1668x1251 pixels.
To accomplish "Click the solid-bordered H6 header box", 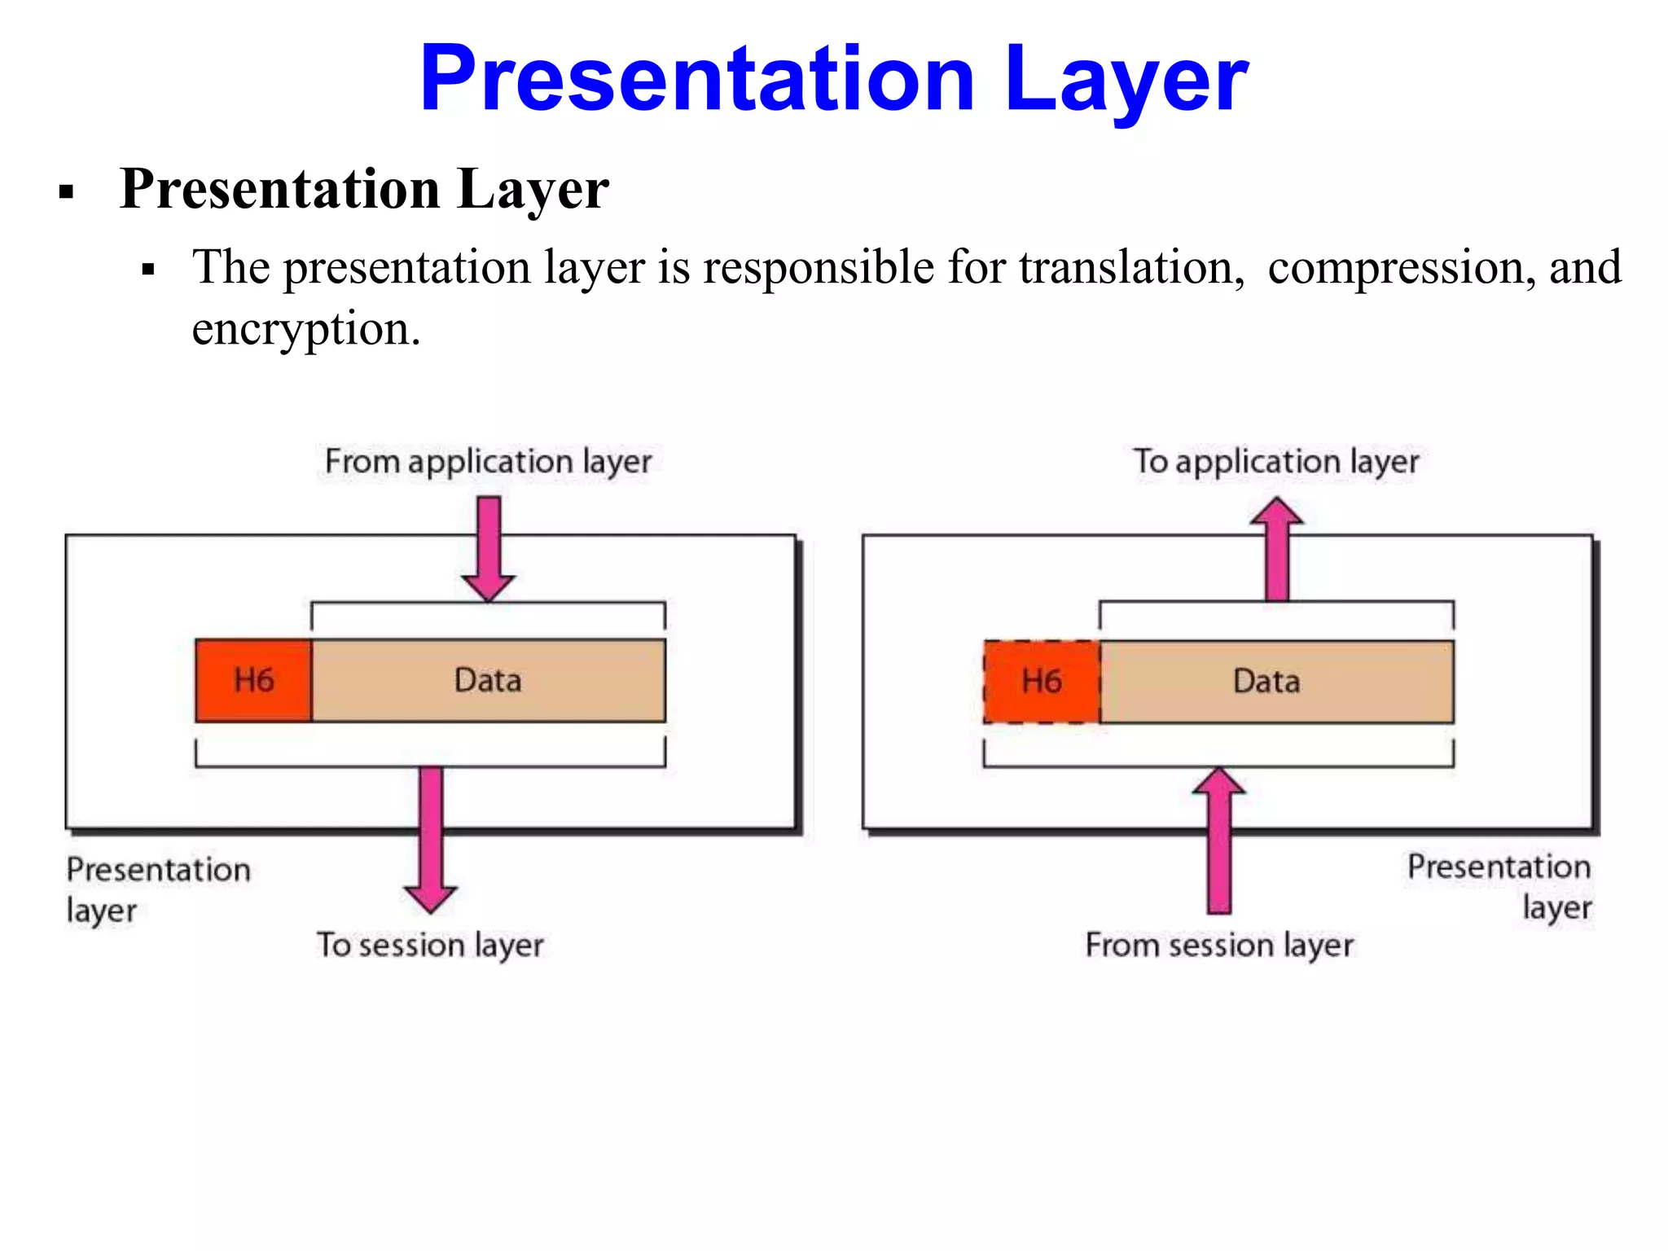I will tap(253, 681).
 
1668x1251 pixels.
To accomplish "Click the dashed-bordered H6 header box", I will tap(1042, 682).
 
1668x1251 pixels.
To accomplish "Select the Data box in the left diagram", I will tap(488, 681).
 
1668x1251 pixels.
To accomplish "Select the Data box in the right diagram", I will tap(1275, 682).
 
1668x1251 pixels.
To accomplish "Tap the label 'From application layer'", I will tap(488, 462).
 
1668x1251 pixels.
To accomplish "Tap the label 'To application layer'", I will tap(1275, 462).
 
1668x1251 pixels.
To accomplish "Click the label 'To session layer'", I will tap(430, 946).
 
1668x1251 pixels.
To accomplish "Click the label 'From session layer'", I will tap(1219, 946).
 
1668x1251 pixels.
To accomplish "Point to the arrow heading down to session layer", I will tap(431, 839).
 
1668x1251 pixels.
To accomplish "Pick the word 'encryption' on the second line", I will tap(305, 330).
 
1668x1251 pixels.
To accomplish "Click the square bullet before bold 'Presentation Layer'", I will tap(67, 193).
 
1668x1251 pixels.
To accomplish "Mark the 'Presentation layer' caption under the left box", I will tap(157, 889).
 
